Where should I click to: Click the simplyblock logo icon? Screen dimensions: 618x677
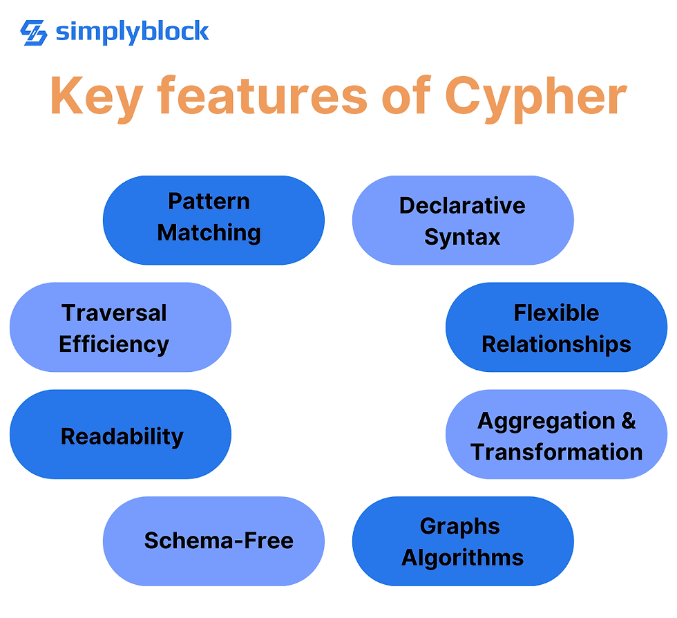point(33,32)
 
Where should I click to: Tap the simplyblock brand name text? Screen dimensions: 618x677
point(132,31)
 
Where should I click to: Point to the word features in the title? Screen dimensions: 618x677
point(263,96)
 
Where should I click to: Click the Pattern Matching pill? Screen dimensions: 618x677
point(213,220)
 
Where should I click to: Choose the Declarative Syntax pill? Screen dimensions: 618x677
point(462,220)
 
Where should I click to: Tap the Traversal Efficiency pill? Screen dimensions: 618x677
point(120,327)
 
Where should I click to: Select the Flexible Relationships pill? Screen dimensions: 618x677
point(556,327)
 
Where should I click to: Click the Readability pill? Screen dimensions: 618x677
point(120,435)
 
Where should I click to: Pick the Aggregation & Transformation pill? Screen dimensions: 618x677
point(556,435)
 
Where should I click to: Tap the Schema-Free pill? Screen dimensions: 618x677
point(213,541)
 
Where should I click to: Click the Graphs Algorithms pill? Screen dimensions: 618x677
point(462,541)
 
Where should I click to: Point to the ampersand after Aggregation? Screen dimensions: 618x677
point(628,420)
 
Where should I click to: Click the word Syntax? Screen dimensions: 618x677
point(462,237)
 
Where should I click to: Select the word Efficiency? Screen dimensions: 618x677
point(114,344)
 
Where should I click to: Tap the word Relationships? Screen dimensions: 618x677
point(556,344)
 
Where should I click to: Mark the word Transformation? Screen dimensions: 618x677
point(556,452)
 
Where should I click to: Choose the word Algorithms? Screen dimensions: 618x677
point(462,557)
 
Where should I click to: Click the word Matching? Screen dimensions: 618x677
point(209,233)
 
